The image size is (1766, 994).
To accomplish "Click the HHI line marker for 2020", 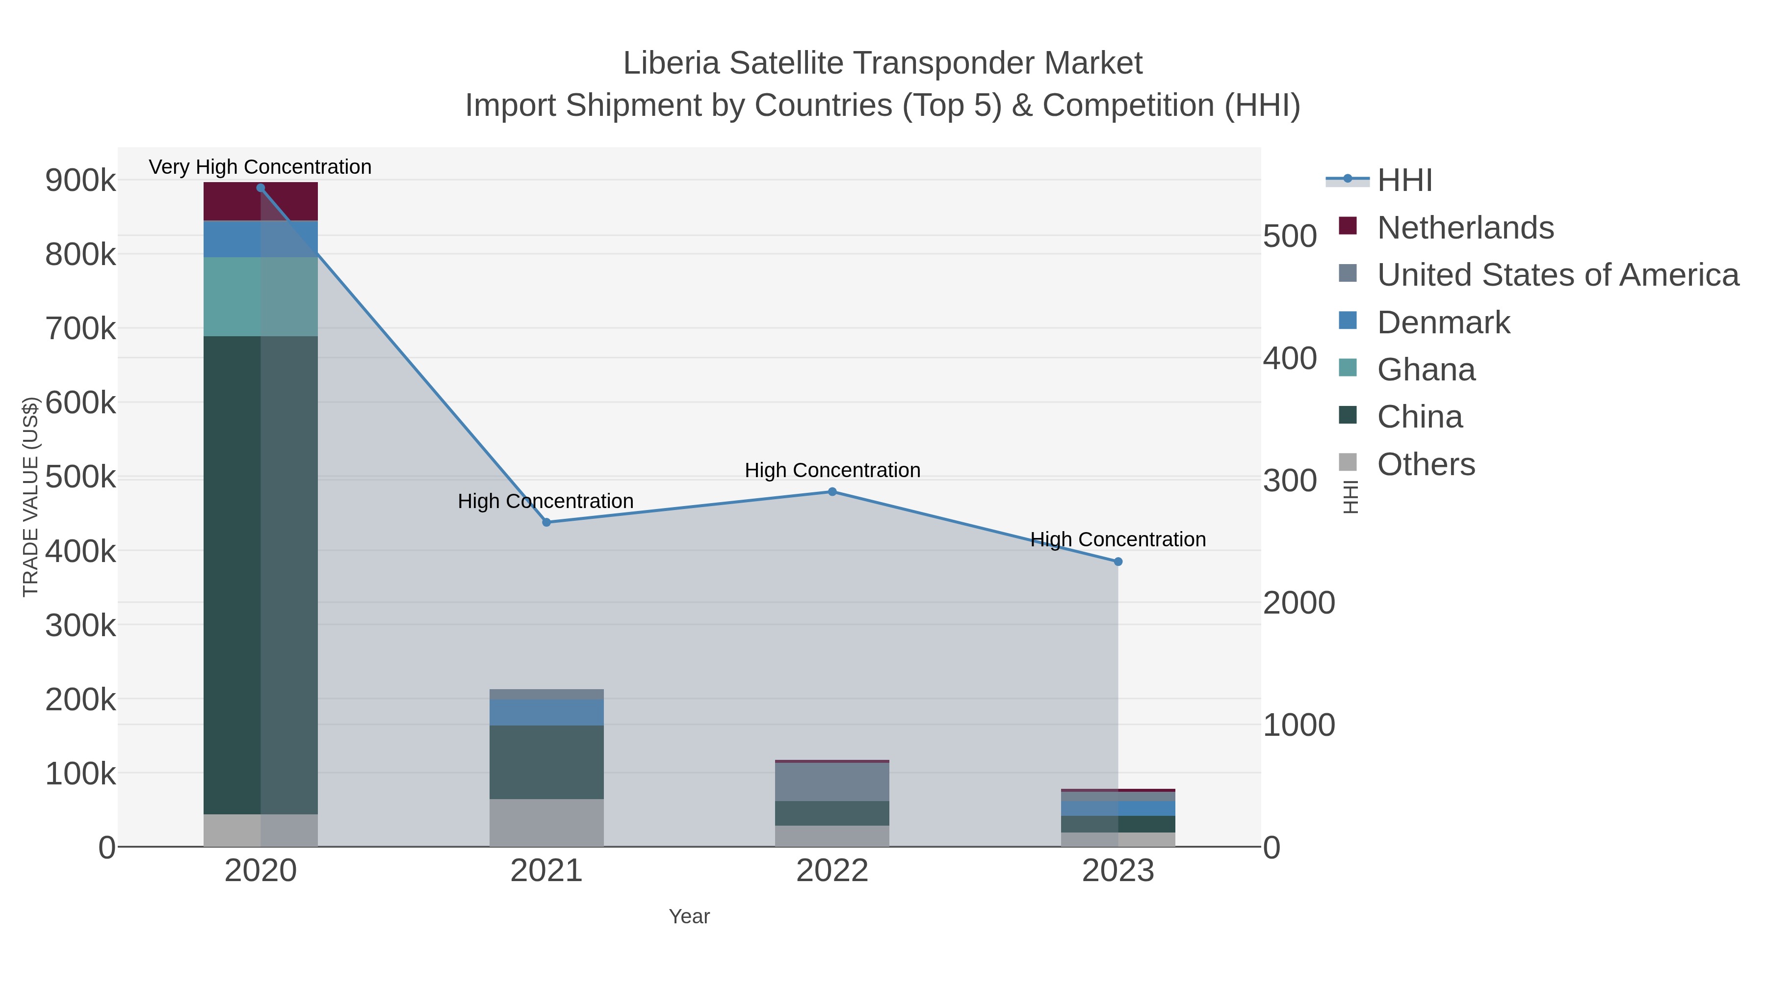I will click(260, 188).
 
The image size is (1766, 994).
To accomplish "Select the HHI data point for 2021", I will click(546, 523).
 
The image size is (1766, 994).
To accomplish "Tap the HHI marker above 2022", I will click(832, 492).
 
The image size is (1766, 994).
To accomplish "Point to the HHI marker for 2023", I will click(1118, 562).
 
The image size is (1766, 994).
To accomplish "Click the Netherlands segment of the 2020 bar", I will click(260, 202).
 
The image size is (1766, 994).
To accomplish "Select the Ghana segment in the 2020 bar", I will click(260, 296).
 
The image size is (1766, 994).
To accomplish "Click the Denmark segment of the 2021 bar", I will click(546, 713).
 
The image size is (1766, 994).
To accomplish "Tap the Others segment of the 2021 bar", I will click(546, 823).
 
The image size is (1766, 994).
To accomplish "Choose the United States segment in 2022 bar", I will click(832, 782).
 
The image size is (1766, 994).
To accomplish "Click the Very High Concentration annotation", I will click(260, 167).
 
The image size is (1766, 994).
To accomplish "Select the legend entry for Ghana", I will click(1426, 370).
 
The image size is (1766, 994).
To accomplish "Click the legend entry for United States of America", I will click(1558, 275).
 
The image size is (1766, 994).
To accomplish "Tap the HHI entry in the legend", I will click(1404, 181).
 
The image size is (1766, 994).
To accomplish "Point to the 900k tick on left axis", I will click(80, 181).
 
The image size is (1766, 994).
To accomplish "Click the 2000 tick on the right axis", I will click(1299, 603).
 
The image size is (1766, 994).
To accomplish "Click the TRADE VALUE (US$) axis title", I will click(31, 497).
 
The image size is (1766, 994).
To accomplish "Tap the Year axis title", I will click(689, 916).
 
